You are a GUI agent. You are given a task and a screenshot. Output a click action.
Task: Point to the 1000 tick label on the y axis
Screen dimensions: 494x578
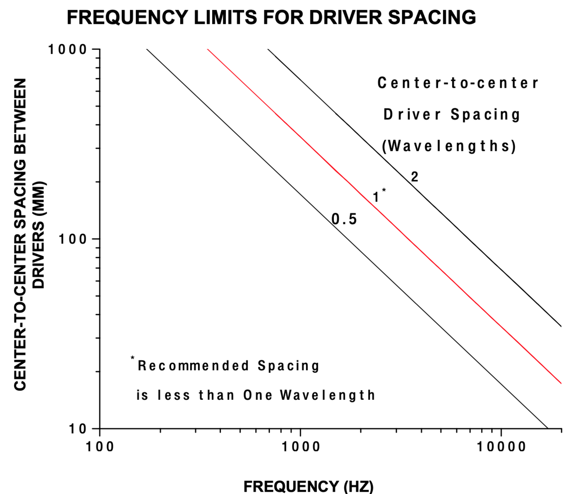pos(68,49)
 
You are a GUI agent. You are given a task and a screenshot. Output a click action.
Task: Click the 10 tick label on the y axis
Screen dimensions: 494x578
pos(78,429)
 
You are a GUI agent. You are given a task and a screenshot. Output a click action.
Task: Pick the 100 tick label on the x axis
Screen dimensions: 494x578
pos(100,447)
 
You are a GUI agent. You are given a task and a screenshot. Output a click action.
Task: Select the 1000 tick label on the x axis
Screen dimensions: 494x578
pos(300,447)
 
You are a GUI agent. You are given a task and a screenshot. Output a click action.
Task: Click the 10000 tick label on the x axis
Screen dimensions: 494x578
pos(501,447)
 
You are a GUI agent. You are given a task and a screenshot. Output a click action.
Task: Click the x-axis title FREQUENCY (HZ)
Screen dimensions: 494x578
pos(308,486)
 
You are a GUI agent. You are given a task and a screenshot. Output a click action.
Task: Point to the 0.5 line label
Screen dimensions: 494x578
pos(344,220)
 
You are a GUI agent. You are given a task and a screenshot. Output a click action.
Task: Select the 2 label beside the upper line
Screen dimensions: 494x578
pos(414,177)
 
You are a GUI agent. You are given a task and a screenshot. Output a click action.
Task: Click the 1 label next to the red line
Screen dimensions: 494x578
pos(375,197)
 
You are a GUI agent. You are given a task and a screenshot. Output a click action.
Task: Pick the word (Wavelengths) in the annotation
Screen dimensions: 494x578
pos(449,146)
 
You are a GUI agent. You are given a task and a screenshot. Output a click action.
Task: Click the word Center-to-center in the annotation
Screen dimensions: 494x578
pos(458,83)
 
